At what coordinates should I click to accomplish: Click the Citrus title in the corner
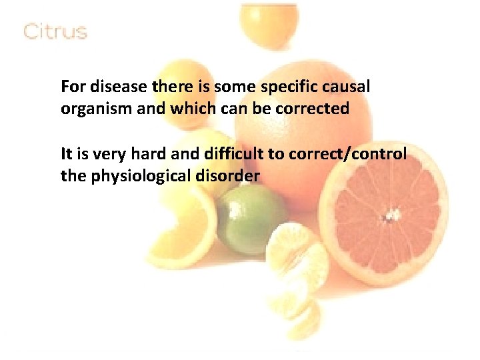click(x=55, y=31)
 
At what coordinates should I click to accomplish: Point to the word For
click(x=71, y=87)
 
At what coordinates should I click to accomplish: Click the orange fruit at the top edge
click(x=268, y=20)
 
